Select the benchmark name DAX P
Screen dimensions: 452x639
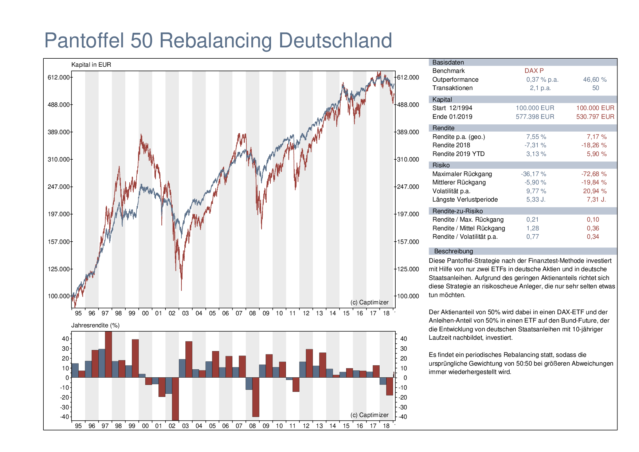coord(534,71)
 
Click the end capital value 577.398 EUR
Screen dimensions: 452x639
coord(535,117)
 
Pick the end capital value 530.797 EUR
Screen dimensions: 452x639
coord(595,117)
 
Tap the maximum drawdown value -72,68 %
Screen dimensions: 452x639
coord(594,174)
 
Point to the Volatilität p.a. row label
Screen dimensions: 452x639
coord(451,191)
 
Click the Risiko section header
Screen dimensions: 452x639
coord(441,165)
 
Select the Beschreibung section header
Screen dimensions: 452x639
coord(453,251)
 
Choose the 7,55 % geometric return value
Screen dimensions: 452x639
coord(536,137)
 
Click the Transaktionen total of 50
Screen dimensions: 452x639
coord(595,88)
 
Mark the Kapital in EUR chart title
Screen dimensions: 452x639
coord(91,65)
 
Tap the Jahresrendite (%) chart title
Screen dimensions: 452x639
coord(95,325)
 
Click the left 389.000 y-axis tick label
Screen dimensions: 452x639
coord(59,132)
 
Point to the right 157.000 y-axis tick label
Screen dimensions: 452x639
coord(408,242)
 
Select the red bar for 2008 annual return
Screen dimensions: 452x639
coord(256,397)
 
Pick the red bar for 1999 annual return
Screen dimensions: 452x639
coord(135,358)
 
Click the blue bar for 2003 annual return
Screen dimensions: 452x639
coord(182,368)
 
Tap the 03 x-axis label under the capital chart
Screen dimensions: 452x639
coord(185,313)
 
